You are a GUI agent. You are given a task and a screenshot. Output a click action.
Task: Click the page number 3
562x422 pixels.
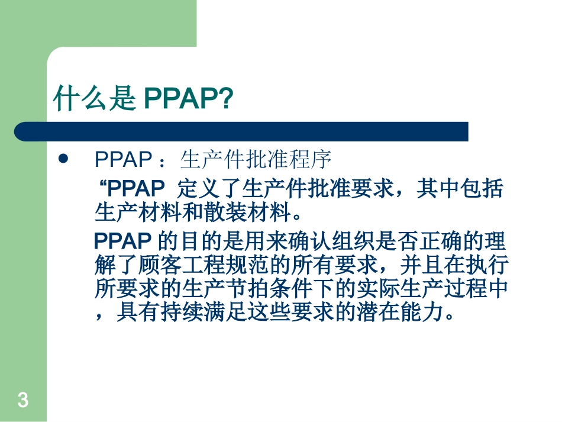click(x=22, y=401)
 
